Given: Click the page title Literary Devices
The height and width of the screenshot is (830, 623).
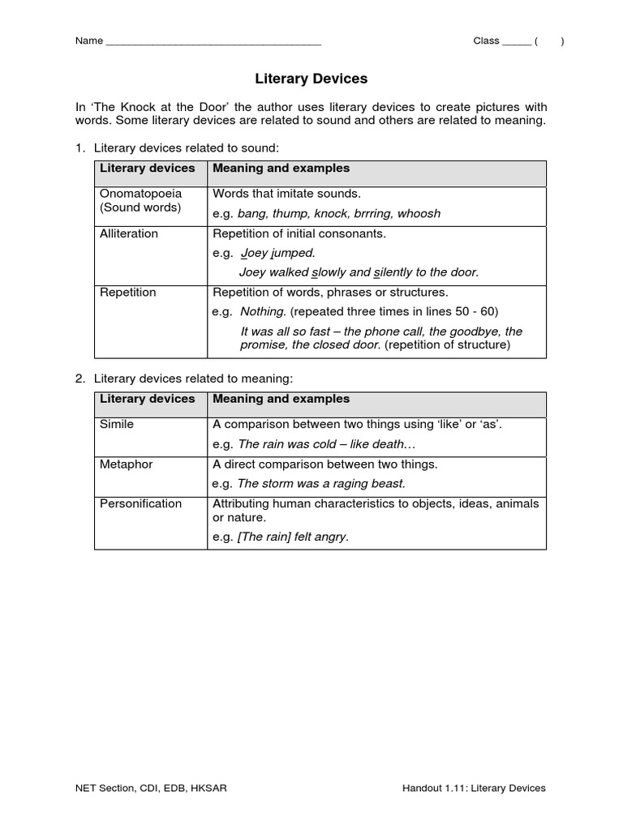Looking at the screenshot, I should point(311,79).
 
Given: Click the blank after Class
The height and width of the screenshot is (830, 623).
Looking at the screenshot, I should point(516,41).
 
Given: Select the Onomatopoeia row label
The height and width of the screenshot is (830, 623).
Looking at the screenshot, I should point(140,194).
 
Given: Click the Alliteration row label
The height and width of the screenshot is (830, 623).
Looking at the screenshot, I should point(129,233).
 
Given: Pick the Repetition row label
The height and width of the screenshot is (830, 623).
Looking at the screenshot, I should point(128,292).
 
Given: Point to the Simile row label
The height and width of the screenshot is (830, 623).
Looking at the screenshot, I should point(117,424).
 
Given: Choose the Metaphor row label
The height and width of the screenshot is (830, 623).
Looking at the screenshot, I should point(126,464).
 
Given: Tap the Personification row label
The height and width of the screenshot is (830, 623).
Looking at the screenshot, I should point(140,503).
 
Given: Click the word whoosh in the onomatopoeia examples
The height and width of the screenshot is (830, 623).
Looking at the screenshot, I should point(419,214).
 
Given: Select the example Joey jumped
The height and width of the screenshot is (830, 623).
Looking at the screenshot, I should point(277,253).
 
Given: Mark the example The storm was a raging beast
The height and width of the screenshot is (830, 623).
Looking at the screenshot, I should point(321,484).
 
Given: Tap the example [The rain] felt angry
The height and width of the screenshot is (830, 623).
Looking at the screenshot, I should point(293,537).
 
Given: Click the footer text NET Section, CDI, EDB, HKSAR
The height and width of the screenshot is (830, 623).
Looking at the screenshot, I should point(152,788).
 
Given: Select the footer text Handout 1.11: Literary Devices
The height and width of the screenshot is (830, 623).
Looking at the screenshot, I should point(474,788).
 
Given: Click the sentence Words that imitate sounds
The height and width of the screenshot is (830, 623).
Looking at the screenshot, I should point(286,194).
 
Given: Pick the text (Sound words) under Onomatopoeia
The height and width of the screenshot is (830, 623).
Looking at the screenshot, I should point(140,207).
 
